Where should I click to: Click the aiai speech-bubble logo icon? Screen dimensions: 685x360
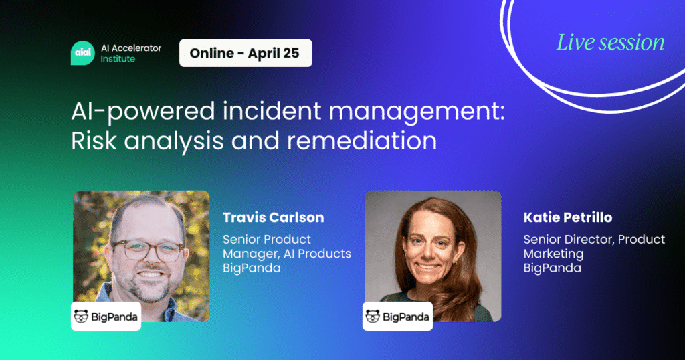click(x=82, y=53)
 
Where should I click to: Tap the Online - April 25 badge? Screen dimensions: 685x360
click(x=246, y=53)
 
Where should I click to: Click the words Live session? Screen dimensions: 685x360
click(x=610, y=42)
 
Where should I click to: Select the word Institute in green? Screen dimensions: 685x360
click(x=118, y=58)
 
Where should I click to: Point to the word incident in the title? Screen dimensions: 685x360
click(x=272, y=110)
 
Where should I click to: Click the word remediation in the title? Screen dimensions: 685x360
click(x=362, y=141)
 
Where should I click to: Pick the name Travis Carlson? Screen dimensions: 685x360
click(x=274, y=217)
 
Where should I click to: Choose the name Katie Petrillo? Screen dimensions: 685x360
click(x=568, y=217)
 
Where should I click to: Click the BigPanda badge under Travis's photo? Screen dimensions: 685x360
click(x=106, y=316)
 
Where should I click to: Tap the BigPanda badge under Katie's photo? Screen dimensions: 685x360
click(x=397, y=316)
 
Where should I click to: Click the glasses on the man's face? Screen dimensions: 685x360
click(x=148, y=250)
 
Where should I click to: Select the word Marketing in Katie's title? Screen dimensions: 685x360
click(x=553, y=254)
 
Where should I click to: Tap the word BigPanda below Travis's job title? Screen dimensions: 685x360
click(x=252, y=268)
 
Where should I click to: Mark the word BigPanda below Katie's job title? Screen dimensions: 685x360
click(x=552, y=268)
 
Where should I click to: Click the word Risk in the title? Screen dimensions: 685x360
click(x=94, y=141)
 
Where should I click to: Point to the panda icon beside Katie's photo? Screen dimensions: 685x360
click(x=373, y=316)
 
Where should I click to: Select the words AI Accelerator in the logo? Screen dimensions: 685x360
click(x=131, y=48)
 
